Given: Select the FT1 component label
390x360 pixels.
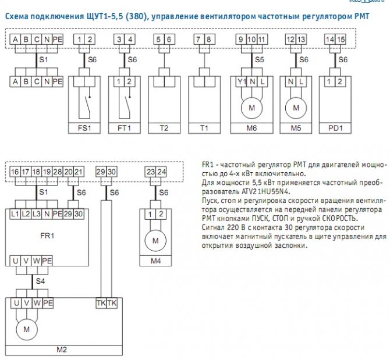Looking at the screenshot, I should click(125, 127).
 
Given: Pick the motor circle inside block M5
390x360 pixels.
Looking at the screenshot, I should click(296, 107).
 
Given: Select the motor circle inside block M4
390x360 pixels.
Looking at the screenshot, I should click(155, 240).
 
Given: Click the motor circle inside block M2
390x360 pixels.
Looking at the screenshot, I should click(26, 329).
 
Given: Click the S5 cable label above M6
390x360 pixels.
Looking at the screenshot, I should click(260, 59).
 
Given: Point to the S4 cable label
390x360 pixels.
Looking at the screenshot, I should click(40, 281).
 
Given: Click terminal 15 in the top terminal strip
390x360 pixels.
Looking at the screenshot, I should click(341, 39).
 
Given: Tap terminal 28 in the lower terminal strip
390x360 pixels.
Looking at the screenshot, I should click(56, 172).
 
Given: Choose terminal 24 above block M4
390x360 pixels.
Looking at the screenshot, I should click(161, 172).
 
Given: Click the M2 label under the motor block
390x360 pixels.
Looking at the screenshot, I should click(61, 350).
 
